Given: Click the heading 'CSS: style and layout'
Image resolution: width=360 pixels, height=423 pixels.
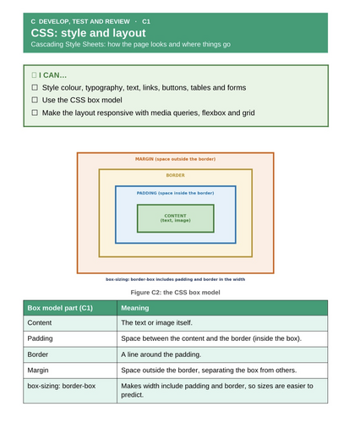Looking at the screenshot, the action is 88,33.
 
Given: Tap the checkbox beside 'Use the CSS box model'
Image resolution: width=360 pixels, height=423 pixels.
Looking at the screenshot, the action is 35,100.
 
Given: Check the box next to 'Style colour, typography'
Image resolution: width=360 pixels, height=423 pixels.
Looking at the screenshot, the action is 35,87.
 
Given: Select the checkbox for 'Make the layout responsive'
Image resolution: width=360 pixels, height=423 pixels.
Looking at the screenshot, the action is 35,113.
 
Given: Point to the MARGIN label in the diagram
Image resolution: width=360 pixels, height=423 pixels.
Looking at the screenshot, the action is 175,159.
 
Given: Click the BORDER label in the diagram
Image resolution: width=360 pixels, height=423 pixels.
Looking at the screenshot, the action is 175,175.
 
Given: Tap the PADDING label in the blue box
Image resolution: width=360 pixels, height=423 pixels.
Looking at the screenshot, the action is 175,193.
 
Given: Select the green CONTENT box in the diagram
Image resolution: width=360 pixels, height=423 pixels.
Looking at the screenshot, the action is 176,218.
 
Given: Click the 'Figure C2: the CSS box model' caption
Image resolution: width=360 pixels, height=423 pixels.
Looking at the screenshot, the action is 175,293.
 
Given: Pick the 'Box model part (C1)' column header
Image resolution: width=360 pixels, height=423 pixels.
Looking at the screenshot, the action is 60,308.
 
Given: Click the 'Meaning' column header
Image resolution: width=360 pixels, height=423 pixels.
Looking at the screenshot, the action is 135,308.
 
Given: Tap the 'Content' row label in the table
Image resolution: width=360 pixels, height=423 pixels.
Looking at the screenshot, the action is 40,322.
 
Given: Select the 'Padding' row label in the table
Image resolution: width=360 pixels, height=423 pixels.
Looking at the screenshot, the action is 40,338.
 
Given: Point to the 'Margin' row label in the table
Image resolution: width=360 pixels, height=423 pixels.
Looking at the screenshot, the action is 38,371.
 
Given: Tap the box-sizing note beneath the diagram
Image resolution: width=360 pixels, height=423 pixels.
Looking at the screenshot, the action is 175,279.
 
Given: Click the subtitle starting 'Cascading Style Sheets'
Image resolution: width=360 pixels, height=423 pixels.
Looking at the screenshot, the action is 131,44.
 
